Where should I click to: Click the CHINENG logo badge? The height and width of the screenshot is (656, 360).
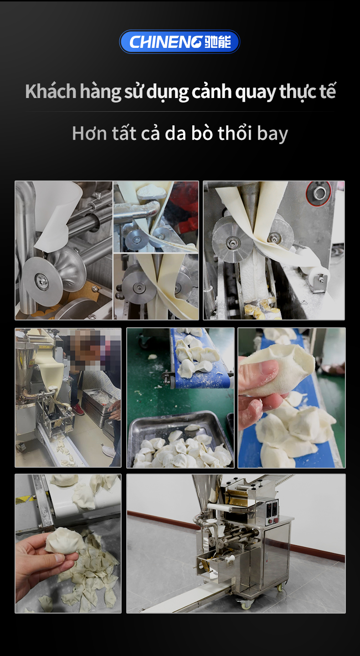click(x=180, y=41)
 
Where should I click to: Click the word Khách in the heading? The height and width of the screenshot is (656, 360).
click(x=51, y=91)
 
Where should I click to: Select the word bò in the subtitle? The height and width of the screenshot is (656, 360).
click(x=202, y=133)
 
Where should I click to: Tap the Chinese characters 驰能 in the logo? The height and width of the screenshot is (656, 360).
click(x=217, y=41)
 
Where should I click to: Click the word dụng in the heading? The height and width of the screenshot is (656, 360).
click(x=167, y=93)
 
